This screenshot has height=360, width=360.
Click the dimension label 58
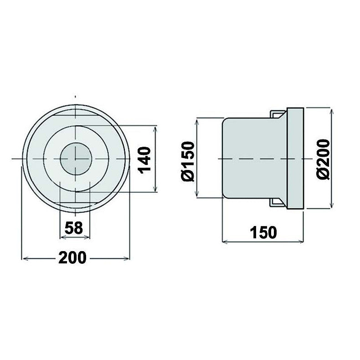pos(75,227)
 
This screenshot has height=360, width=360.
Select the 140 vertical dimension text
pos(144,159)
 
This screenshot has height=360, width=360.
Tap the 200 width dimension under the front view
pos(72,258)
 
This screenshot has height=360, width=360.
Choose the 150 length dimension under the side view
pos(263,232)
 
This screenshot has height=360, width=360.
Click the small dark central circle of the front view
pos(76,158)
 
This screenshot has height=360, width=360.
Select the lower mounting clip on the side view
pos(278,202)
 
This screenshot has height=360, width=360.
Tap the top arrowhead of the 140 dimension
pos(156,128)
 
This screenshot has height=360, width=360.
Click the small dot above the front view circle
pos(75,96)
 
